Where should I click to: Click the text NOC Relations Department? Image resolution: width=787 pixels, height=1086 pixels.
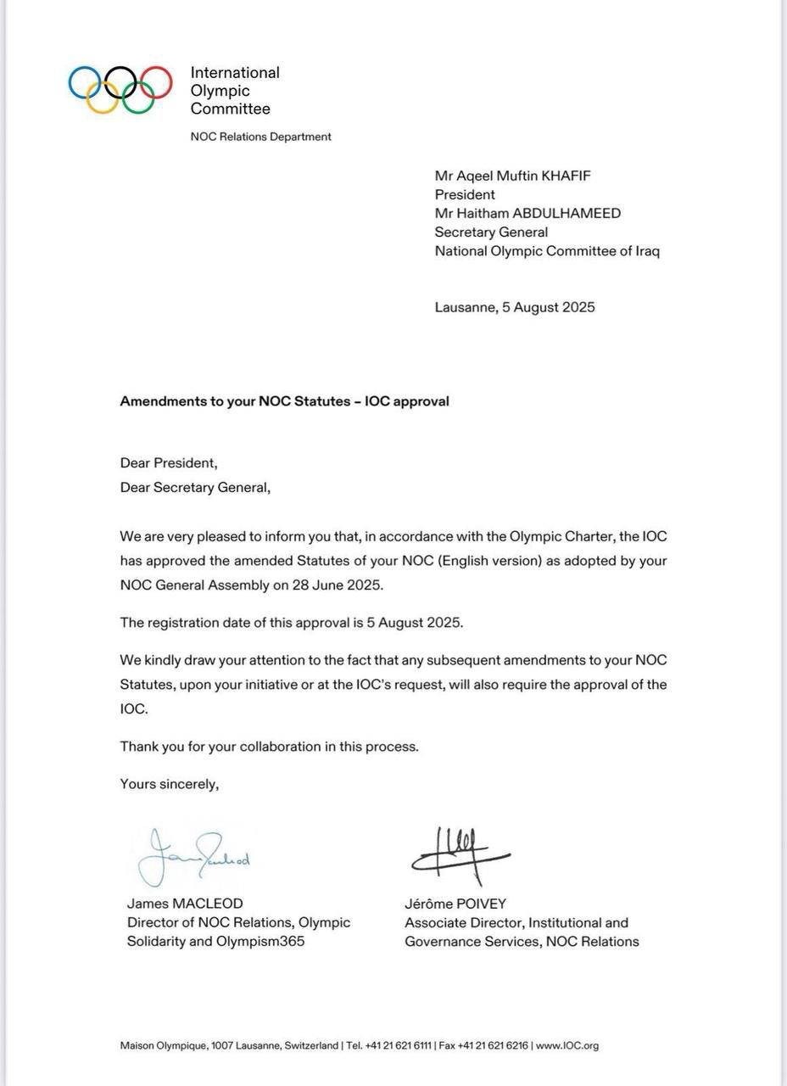260,137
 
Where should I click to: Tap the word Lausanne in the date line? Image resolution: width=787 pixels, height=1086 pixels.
464,307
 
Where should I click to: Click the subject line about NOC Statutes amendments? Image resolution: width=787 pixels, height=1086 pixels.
284,401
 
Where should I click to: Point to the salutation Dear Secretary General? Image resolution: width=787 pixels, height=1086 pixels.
195,488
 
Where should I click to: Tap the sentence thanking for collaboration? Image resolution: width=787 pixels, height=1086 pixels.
269,747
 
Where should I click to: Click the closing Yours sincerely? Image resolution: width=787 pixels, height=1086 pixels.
170,784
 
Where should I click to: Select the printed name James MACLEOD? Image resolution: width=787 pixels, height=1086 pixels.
185,904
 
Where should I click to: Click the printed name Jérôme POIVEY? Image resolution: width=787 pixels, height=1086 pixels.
455,904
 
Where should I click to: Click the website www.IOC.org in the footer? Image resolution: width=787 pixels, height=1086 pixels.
567,1046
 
